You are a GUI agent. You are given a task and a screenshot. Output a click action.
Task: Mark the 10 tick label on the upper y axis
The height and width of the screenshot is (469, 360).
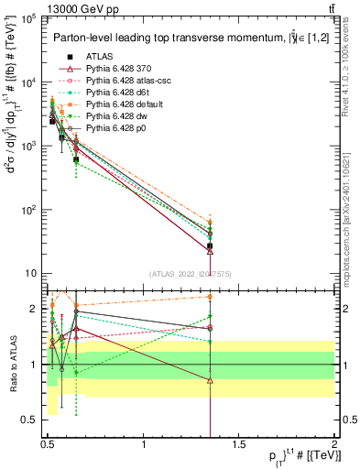tap(31, 273)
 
